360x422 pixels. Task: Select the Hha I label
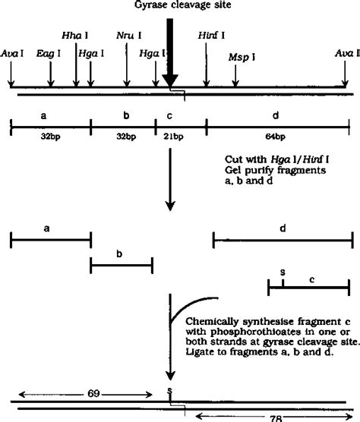(76, 36)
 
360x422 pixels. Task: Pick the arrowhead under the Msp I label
(237, 83)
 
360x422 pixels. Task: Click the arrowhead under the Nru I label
(127, 83)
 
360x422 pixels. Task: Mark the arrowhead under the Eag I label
(51, 83)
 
